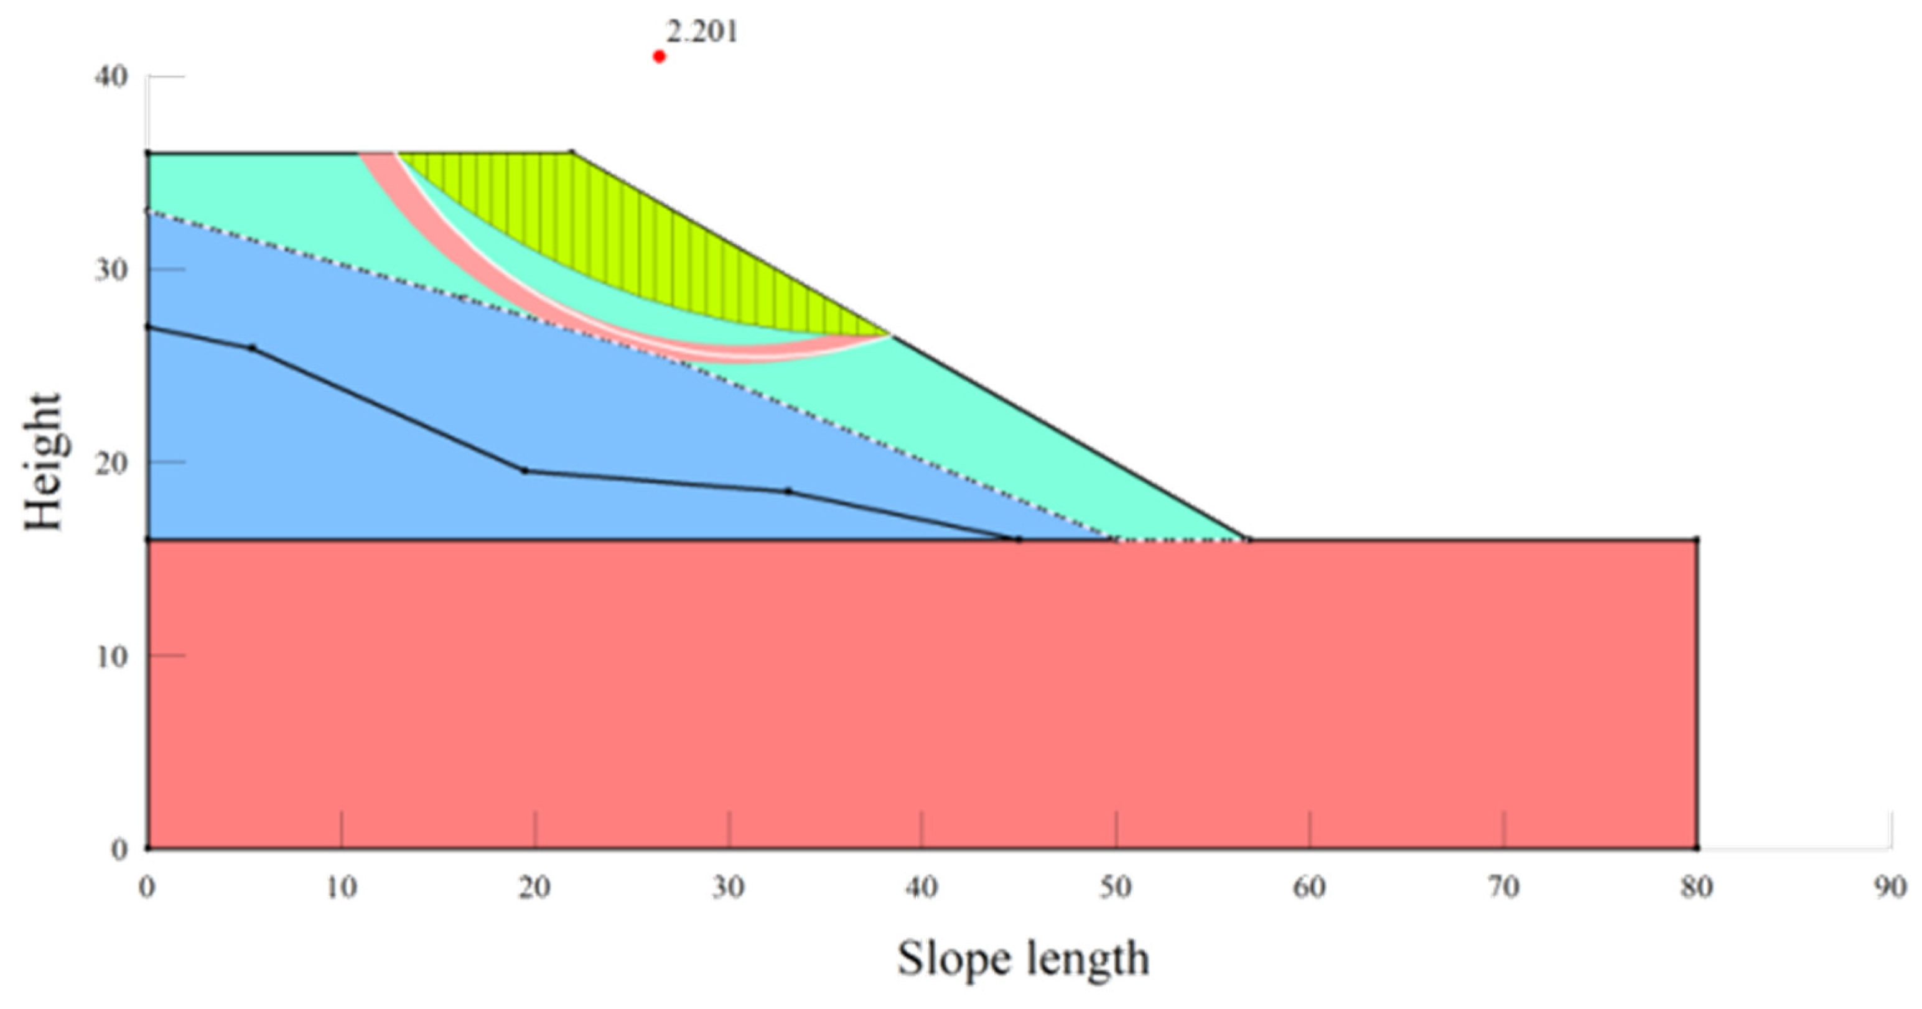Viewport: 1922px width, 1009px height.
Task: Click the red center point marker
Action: coord(659,56)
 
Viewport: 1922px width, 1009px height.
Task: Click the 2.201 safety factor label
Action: coord(701,32)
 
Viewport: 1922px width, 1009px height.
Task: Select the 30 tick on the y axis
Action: coord(110,269)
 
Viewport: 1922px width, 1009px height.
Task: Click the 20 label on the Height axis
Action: coord(110,463)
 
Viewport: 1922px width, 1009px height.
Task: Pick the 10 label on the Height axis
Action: coord(110,655)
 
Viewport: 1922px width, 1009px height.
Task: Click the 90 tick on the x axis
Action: coord(1890,887)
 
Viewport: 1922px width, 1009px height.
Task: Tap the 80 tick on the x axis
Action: coord(1697,887)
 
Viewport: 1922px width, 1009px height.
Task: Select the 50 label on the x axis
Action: coord(1116,887)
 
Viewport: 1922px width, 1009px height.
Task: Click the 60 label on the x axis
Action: coord(1310,887)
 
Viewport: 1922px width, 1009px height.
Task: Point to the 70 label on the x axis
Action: coord(1503,887)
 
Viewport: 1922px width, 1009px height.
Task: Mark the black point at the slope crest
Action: coord(572,153)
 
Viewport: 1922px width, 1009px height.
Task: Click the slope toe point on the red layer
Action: coord(1248,538)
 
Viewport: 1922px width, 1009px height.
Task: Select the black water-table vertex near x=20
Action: coord(525,471)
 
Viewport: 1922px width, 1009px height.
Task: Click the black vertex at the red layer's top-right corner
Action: coord(1697,538)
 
